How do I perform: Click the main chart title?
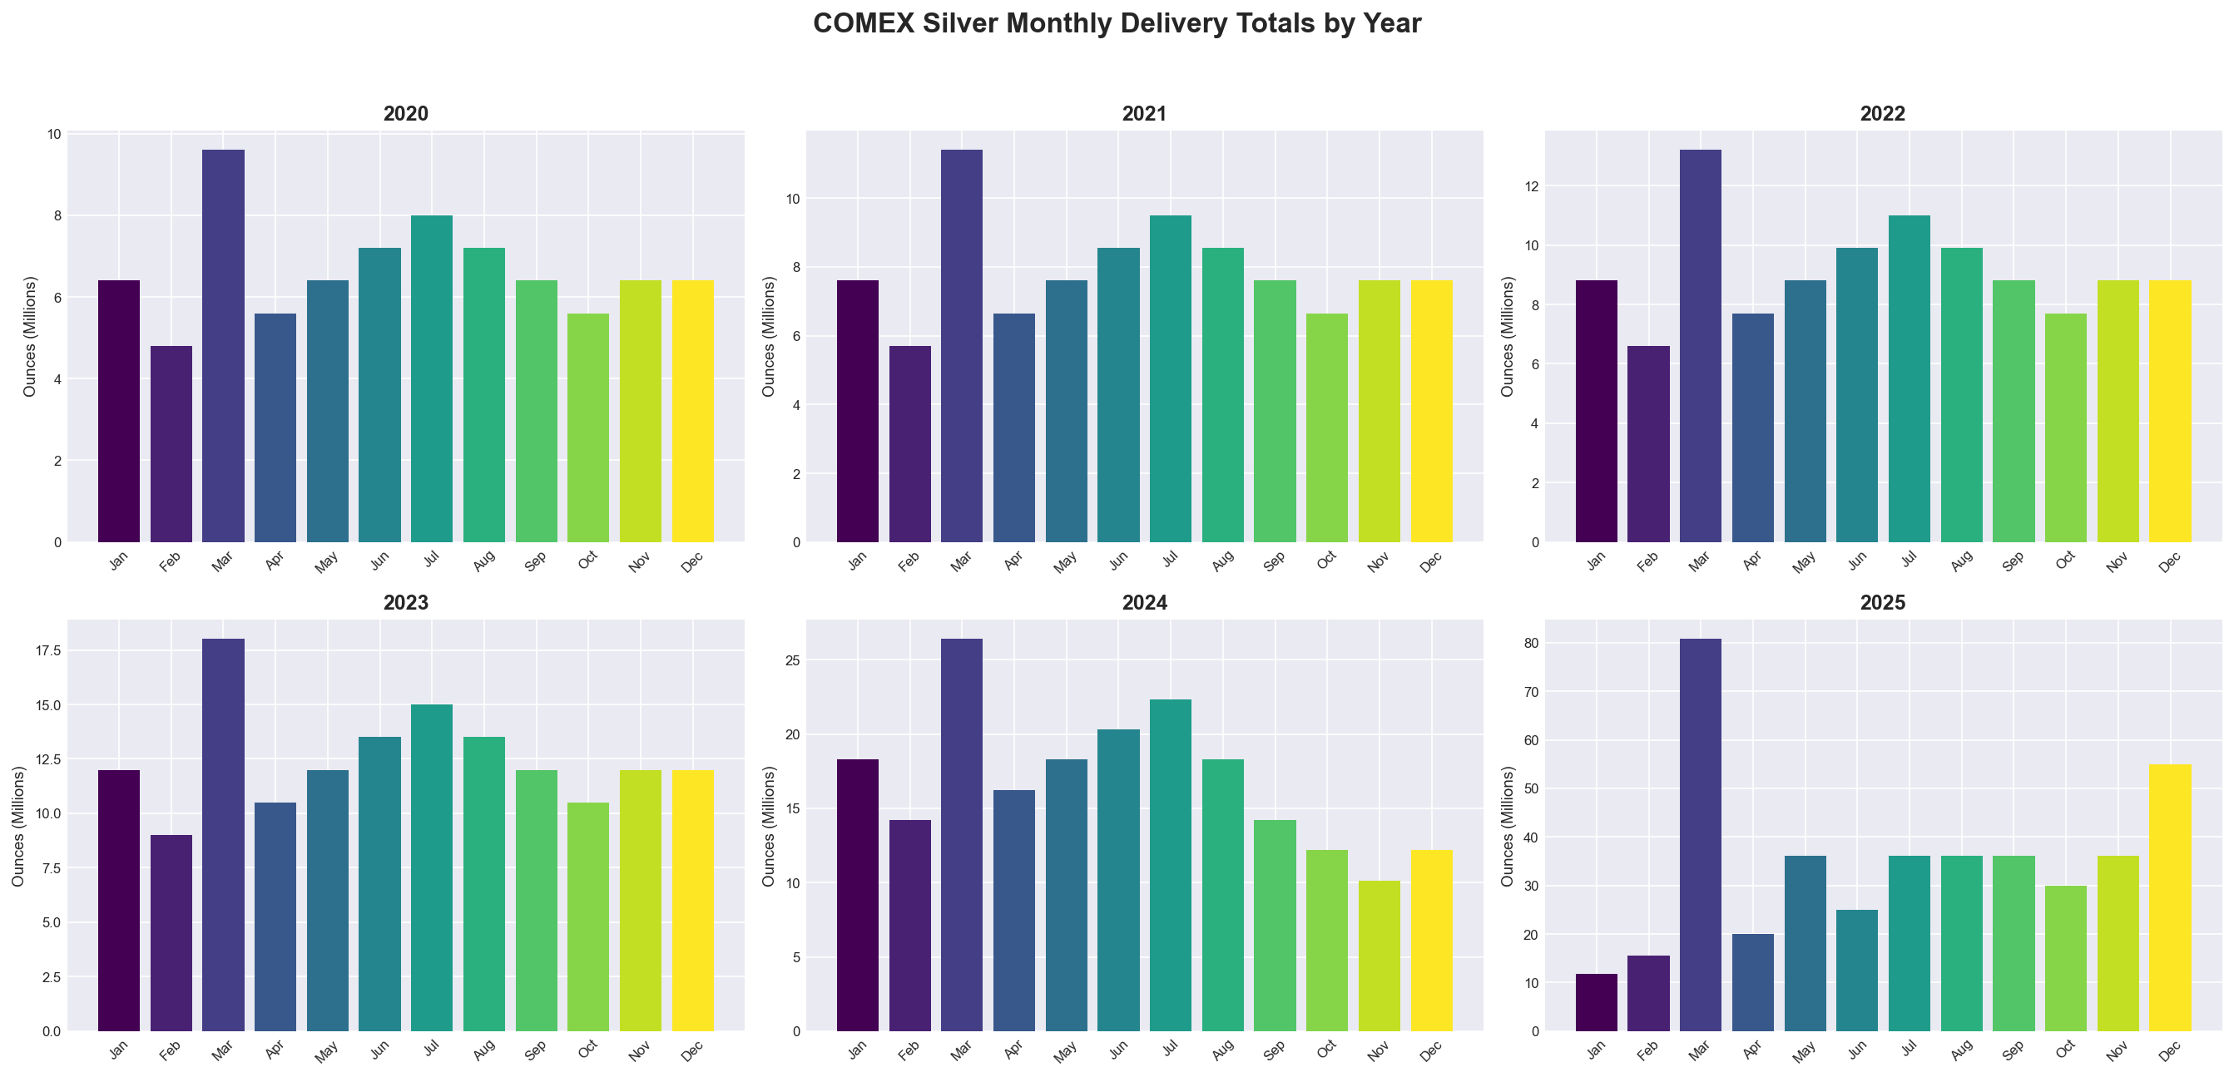(1116, 23)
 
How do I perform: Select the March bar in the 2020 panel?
(223, 347)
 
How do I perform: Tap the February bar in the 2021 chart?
(909, 444)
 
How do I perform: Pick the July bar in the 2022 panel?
(1909, 379)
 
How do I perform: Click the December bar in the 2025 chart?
(2170, 897)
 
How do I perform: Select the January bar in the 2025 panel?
(1596, 1002)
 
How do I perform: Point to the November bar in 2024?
(1379, 956)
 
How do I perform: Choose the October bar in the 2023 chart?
(588, 916)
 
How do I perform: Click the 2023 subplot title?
(406, 603)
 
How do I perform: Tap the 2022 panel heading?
(1883, 114)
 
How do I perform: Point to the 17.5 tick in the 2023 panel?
(47, 651)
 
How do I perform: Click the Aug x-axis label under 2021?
(1223, 562)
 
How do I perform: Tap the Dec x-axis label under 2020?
(692, 562)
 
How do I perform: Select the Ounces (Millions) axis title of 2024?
(768, 826)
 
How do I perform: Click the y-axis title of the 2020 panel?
(30, 337)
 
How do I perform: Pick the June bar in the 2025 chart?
(1857, 971)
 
